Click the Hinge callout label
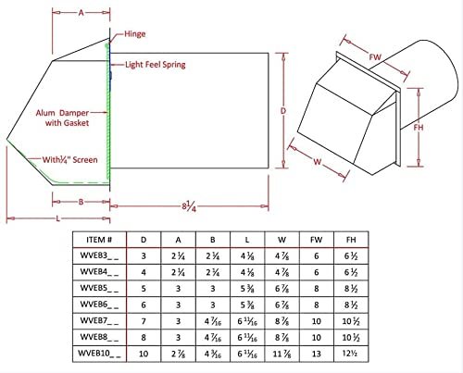pos(135,33)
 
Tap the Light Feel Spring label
pos(156,65)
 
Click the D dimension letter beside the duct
pos(283,110)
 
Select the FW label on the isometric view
pos(375,57)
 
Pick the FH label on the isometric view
pos(419,127)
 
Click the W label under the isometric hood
pos(318,161)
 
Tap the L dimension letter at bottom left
pos(57,218)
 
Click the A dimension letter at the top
pos(81,13)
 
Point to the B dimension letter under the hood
pos(81,202)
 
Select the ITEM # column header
pos(99,240)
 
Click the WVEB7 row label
pos(99,321)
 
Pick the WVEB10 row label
pos(99,354)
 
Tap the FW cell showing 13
pos(317,354)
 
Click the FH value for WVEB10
pos(351,354)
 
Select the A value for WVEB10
pos(178,354)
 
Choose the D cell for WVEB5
pos(144,289)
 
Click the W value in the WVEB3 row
pos(282,256)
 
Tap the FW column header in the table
pos(317,240)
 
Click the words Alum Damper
pos(62,113)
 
